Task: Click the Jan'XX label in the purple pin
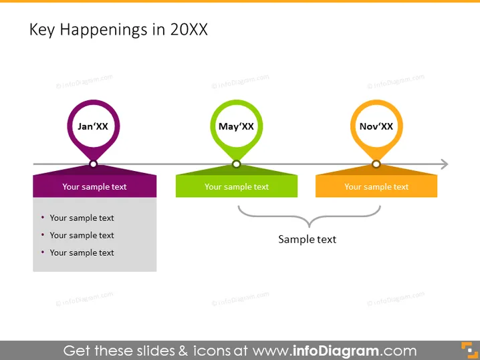point(93,126)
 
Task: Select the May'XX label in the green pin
point(236,126)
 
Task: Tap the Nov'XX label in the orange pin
point(376,126)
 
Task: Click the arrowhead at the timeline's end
point(445,164)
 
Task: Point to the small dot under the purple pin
point(94,164)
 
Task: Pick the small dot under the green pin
point(237,164)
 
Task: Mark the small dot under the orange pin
point(376,164)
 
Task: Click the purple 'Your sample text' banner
point(94,186)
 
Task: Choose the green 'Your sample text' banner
point(237,186)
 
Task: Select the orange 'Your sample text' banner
point(376,186)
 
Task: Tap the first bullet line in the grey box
point(78,218)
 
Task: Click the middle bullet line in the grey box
point(78,235)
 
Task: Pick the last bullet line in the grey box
point(78,252)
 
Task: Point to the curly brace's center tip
point(309,226)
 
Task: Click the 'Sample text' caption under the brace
point(307,239)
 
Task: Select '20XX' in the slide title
point(189,29)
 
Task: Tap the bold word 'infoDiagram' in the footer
point(336,351)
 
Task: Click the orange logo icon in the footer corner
point(469,350)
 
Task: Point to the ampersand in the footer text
point(183,351)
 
